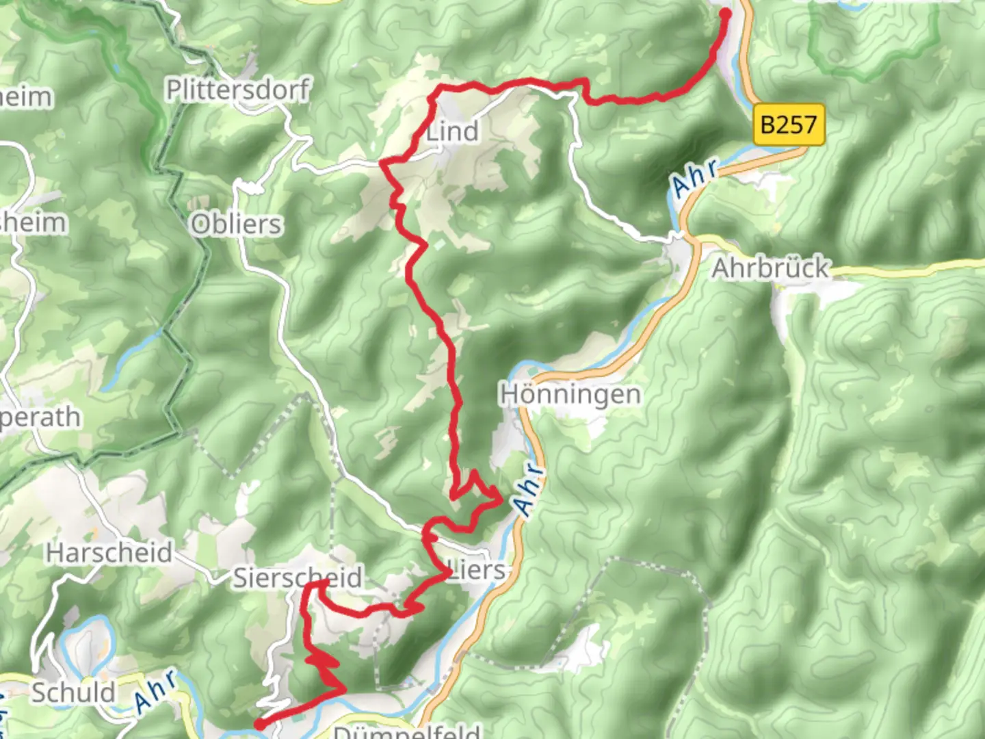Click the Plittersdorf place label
click(x=238, y=90)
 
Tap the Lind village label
click(x=452, y=131)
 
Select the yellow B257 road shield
click(x=789, y=125)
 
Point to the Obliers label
click(x=236, y=224)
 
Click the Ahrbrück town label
click(x=770, y=268)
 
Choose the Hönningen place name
click(x=570, y=395)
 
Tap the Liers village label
click(x=477, y=569)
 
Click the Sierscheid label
click(x=298, y=578)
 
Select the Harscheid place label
click(x=109, y=552)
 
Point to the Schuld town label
click(x=74, y=692)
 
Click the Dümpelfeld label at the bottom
click(x=406, y=731)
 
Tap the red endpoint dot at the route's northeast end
click(x=725, y=13)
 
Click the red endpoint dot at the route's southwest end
click(x=260, y=724)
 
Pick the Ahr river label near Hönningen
click(x=530, y=490)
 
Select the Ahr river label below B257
click(x=695, y=177)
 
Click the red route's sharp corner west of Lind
click(x=382, y=163)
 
